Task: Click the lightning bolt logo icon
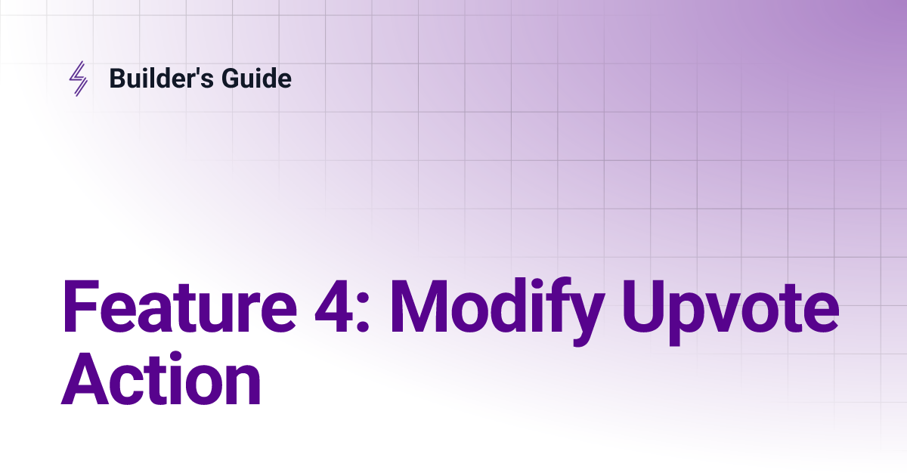(78, 79)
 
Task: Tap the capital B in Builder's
(118, 78)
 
